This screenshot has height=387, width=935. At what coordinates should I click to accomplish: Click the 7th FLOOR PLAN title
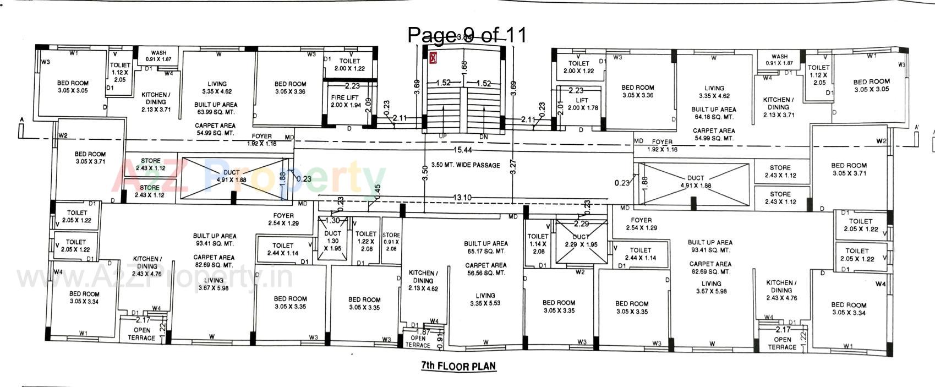coord(458,366)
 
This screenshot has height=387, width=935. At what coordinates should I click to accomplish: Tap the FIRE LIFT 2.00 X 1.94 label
coord(345,101)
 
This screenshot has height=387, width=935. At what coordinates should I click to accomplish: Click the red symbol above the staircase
coord(433,57)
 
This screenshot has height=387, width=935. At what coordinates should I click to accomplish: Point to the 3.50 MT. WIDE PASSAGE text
coord(466,165)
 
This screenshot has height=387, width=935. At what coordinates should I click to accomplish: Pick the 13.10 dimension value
coord(462,198)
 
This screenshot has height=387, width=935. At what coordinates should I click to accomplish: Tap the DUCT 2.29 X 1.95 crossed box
coord(581,241)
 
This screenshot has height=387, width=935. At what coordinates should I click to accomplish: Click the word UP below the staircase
coord(442,136)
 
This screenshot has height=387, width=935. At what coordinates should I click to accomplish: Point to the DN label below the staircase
coord(483,136)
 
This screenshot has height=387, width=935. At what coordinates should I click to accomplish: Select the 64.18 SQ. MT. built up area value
coord(714,117)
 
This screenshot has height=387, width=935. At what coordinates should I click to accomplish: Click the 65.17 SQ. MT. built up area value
coord(485,251)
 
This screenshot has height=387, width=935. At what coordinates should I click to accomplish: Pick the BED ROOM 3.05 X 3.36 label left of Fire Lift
coord(290,88)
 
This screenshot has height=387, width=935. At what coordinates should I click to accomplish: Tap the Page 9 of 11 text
coord(467,35)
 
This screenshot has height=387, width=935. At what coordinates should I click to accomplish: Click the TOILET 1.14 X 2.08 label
coord(538,244)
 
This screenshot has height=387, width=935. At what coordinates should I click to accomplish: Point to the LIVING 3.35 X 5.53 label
coord(485,299)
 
